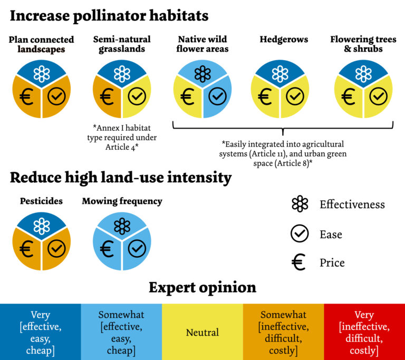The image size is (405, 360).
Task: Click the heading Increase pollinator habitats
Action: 109,16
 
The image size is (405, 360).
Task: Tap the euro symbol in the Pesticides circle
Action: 27,248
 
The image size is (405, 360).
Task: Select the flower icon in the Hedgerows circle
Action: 280,74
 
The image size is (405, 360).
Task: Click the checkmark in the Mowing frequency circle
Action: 137,248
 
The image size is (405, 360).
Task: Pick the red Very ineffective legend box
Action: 364,333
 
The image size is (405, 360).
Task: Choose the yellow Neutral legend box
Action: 202,333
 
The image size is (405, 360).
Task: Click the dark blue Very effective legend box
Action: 41,333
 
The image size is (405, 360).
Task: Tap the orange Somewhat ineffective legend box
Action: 283,333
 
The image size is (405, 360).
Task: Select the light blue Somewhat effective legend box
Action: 121,333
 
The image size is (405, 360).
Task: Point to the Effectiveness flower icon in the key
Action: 300,204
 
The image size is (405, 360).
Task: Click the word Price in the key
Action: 332,262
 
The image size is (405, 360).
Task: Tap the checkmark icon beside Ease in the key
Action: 300,233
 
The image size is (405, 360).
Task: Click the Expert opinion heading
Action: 202,287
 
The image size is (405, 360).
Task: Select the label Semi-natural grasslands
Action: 122,44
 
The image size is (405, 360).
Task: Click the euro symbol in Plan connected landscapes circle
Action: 27,96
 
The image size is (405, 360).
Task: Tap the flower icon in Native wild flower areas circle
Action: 202,74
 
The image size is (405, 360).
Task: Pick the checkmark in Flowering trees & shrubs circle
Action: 378,96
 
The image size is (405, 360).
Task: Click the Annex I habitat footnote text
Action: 122,137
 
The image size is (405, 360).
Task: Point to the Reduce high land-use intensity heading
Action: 121,178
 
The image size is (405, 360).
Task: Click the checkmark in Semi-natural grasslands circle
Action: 137,96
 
